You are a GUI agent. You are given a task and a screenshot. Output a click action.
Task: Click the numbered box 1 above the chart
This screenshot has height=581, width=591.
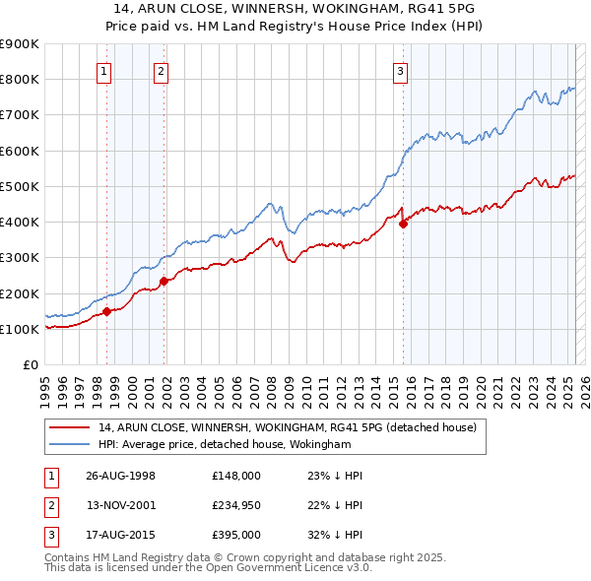coord(103,70)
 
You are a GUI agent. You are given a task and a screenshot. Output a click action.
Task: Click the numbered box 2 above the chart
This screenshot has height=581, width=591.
coord(160,70)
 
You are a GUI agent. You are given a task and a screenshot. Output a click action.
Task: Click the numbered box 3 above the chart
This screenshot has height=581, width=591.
coord(401,70)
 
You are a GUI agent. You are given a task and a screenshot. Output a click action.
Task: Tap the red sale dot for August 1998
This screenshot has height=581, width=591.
coord(106,312)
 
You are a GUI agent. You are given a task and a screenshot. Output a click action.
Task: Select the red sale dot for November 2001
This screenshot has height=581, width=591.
coord(164,281)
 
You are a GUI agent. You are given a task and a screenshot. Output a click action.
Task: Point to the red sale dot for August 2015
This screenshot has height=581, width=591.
coord(403,224)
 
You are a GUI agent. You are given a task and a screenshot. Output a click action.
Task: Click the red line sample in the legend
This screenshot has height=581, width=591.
coord(69,427)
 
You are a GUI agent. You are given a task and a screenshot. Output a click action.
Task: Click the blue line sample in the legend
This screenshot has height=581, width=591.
coord(69,445)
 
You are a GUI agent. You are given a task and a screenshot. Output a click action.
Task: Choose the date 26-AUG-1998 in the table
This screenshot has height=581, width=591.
coord(120,476)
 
